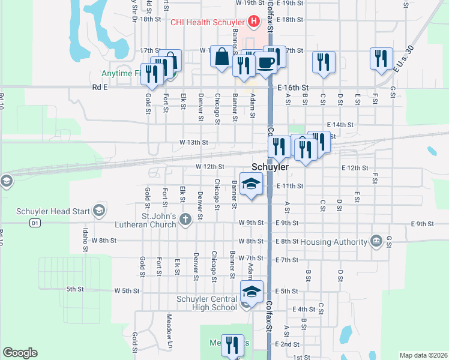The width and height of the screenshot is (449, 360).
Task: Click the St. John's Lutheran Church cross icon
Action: (185, 218)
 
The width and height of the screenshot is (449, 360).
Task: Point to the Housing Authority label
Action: (334, 242)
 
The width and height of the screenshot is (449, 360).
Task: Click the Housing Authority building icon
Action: (376, 241)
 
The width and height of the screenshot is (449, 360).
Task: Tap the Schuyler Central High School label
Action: (206, 303)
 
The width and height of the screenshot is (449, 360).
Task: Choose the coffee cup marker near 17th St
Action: (266, 62)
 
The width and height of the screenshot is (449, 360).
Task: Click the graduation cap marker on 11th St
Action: (252, 184)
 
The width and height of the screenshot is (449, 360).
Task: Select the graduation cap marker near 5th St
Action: (252, 292)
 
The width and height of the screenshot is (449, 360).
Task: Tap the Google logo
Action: (20, 353)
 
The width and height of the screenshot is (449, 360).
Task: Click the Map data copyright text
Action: (423, 355)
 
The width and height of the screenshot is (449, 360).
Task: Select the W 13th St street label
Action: (194, 143)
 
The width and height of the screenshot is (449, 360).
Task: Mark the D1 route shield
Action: (35, 223)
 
